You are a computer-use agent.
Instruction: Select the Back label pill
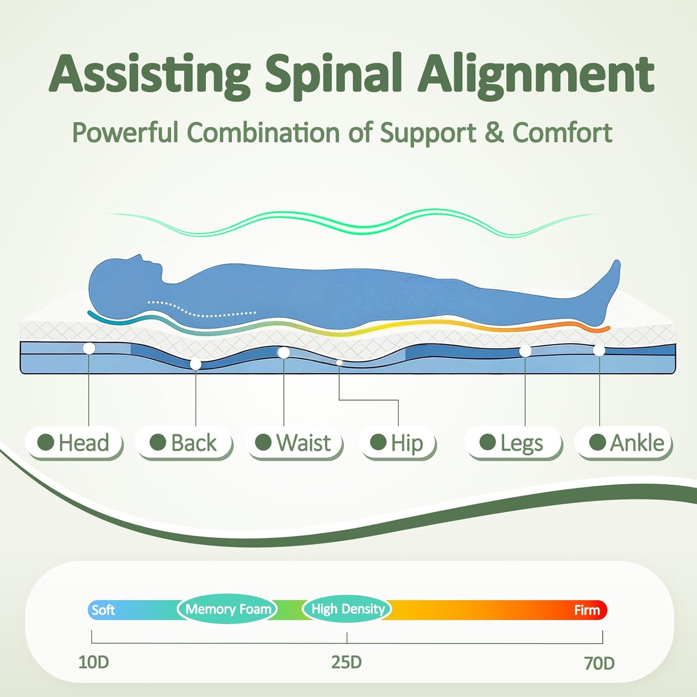click(x=184, y=442)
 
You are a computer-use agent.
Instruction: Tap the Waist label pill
click(x=294, y=442)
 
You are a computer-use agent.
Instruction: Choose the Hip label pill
click(x=397, y=442)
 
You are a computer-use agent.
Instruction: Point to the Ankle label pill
click(x=624, y=442)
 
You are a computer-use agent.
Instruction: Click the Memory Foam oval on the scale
click(x=228, y=609)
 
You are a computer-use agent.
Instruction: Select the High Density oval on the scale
click(x=348, y=609)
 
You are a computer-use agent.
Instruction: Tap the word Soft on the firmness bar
click(x=103, y=610)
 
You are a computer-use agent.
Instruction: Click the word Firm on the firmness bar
click(x=587, y=610)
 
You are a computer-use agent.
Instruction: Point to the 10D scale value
click(x=93, y=662)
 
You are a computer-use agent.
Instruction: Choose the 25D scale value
click(x=347, y=662)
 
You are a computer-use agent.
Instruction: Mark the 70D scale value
click(x=599, y=663)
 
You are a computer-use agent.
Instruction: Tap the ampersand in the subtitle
click(x=494, y=133)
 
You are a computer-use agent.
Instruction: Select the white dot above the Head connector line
click(x=89, y=348)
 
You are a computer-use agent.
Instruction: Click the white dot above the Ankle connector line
click(x=599, y=350)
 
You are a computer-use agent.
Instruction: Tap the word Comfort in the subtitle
click(x=562, y=133)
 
